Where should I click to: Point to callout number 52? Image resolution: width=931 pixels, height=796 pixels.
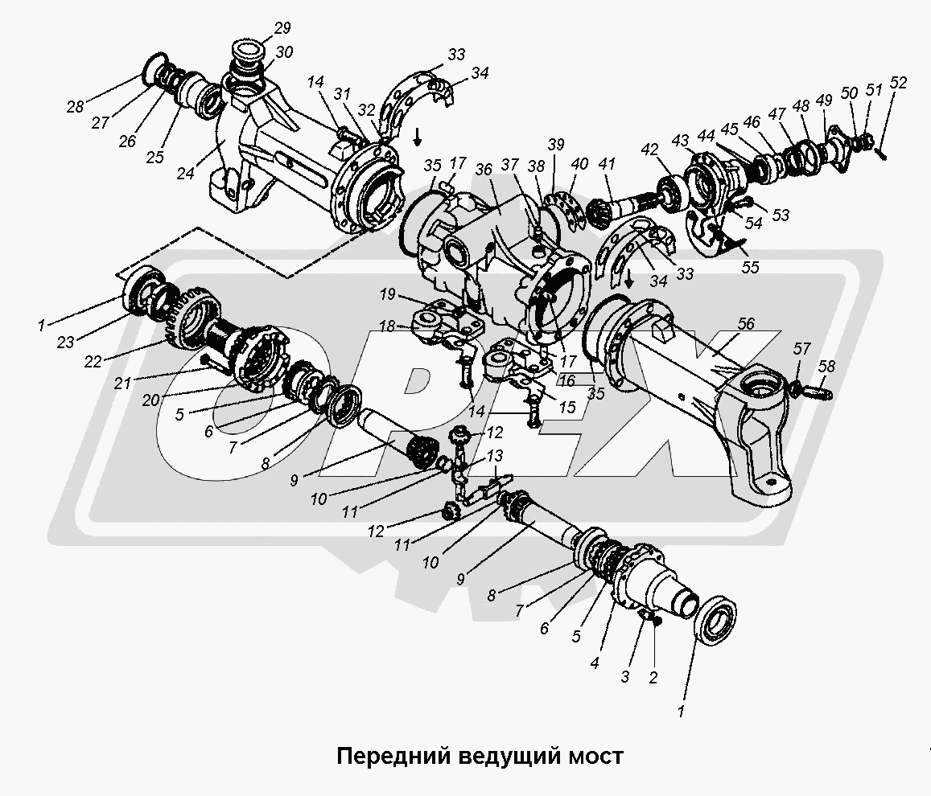(x=898, y=83)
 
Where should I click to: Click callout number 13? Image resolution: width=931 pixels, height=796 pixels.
(x=493, y=455)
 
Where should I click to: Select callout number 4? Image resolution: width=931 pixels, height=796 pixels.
(x=594, y=664)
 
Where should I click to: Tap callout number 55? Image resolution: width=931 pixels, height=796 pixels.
(x=751, y=268)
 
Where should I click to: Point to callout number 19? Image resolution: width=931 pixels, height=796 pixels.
(x=388, y=295)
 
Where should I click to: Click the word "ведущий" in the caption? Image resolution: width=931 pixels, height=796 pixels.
(x=507, y=757)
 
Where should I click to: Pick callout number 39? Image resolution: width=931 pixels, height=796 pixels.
(x=556, y=145)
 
